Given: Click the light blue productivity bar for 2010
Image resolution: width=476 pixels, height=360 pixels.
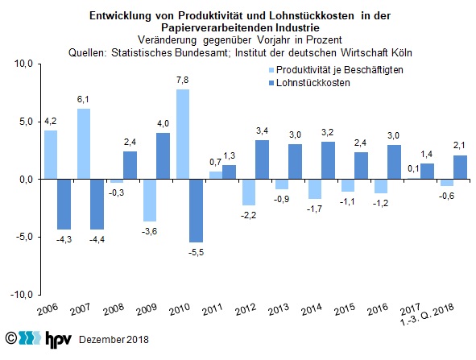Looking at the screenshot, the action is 183,134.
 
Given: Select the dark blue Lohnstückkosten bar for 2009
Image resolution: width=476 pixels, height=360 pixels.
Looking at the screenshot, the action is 163,156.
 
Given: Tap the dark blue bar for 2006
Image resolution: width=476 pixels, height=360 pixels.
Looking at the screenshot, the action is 64,205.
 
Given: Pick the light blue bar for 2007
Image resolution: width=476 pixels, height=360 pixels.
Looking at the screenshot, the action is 84,144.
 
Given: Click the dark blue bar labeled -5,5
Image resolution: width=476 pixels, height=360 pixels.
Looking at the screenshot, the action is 196,211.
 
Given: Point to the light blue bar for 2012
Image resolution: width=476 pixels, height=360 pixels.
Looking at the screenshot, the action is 249,192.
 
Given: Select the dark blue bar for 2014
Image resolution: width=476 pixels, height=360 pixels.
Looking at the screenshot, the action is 328,160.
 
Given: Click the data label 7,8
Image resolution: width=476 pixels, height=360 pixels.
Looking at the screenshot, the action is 183,81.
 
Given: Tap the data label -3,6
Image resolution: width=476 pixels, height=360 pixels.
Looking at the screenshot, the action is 149,232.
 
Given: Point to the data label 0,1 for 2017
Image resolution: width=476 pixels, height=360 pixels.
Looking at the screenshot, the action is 413,168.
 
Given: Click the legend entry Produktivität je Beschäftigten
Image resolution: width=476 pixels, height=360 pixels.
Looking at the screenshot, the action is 336,70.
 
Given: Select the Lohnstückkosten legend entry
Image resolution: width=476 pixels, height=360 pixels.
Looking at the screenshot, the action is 309,83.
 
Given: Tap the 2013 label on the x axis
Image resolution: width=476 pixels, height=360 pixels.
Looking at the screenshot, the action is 279,309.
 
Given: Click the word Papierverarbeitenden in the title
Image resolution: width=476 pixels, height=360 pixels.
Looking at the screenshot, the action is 217,27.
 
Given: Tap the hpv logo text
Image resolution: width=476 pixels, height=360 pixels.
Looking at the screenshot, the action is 59,339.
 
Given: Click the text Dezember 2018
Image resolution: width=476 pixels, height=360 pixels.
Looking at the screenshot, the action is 114,339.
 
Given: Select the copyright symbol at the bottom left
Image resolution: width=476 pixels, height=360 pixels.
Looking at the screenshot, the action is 11,337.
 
